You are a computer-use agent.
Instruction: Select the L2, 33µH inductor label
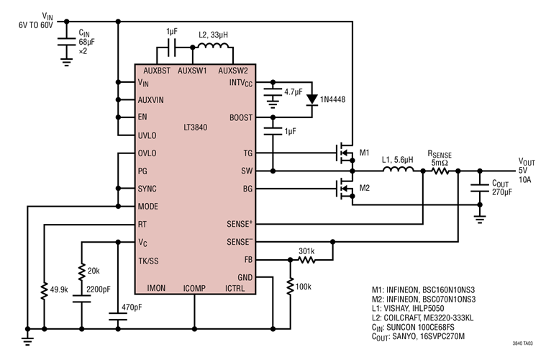click(213, 35)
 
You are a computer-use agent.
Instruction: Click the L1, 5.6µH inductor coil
click(397, 171)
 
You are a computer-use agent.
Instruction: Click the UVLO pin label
click(150, 135)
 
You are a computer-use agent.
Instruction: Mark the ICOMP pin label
click(194, 288)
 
